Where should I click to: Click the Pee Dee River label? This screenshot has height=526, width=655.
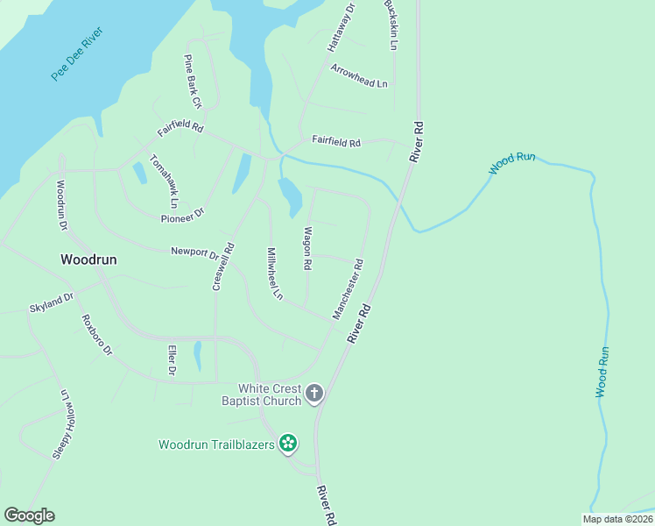(x=77, y=54)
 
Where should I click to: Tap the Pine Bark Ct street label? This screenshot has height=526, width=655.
(x=192, y=82)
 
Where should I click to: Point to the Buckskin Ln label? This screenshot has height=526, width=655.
(x=392, y=24)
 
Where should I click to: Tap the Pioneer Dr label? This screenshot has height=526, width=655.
(x=182, y=214)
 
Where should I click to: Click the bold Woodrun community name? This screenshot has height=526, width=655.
(x=88, y=259)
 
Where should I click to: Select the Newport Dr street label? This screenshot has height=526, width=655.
(x=194, y=252)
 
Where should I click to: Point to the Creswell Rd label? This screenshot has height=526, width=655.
(x=224, y=267)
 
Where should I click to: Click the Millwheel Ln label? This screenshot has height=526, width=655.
(x=274, y=273)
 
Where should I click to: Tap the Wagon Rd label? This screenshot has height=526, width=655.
(x=306, y=248)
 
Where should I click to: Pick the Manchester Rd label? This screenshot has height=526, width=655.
(x=348, y=288)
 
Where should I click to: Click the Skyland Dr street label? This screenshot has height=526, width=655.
(x=51, y=302)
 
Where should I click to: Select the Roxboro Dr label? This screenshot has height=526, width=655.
(x=96, y=335)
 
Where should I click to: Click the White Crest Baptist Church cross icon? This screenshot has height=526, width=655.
(x=314, y=394)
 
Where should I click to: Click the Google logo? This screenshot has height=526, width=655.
(x=29, y=515)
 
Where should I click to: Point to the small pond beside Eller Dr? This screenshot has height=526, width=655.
(x=198, y=356)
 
